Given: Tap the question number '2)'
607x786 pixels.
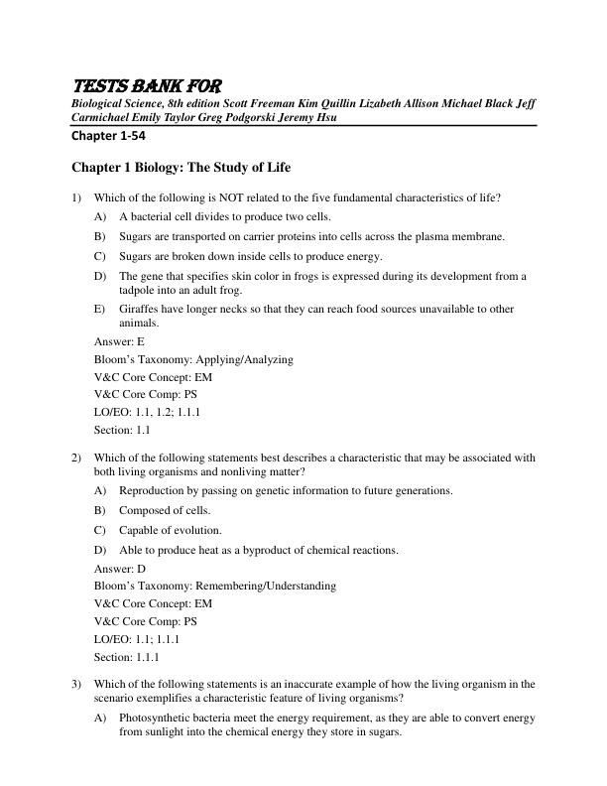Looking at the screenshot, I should point(76,458).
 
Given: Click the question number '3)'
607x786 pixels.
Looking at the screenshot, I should point(76,683).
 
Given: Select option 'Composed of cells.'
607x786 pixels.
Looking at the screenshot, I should point(165,510).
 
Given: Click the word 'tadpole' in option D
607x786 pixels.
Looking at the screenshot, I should point(139,290).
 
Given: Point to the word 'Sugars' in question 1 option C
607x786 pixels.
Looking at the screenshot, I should point(137,255).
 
